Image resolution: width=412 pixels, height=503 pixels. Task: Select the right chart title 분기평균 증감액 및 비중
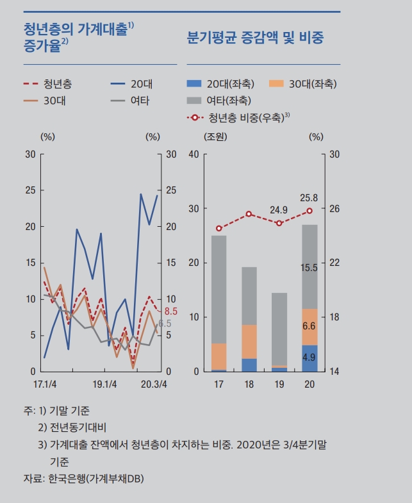click(254, 37)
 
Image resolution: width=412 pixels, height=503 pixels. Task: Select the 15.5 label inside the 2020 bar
click(309, 268)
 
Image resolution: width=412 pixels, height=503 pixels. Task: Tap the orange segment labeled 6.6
click(309, 326)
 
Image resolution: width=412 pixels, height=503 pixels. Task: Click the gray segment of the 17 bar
click(219, 288)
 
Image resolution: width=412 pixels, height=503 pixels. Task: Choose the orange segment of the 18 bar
click(249, 341)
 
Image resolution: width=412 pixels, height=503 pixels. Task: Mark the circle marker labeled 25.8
click(309, 211)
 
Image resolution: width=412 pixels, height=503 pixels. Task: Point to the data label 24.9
click(279, 210)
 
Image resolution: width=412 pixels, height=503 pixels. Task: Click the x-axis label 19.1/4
click(104, 384)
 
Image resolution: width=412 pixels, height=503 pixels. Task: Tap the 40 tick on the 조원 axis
click(193, 154)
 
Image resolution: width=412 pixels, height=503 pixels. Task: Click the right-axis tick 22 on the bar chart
click(334, 263)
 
